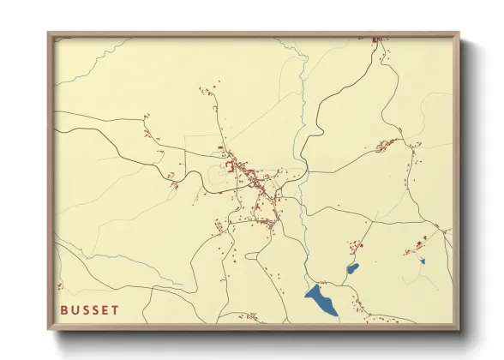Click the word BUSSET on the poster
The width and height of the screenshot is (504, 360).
pyautogui.click(x=90, y=309)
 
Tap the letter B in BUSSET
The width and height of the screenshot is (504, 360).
pyautogui.click(x=64, y=309)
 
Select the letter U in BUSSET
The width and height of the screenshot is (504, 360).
pyautogui.click(x=75, y=309)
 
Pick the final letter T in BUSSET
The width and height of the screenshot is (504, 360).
pyautogui.click(x=116, y=309)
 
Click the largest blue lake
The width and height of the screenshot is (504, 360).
pyautogui.click(x=322, y=300)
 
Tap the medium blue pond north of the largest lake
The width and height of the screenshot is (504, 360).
pyautogui.click(x=351, y=269)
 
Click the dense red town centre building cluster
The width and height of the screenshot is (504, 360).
pyautogui.click(x=244, y=171)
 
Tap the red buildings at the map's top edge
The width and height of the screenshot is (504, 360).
pyautogui.click(x=375, y=39)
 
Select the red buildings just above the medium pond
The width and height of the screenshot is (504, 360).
pyautogui.click(x=352, y=249)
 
